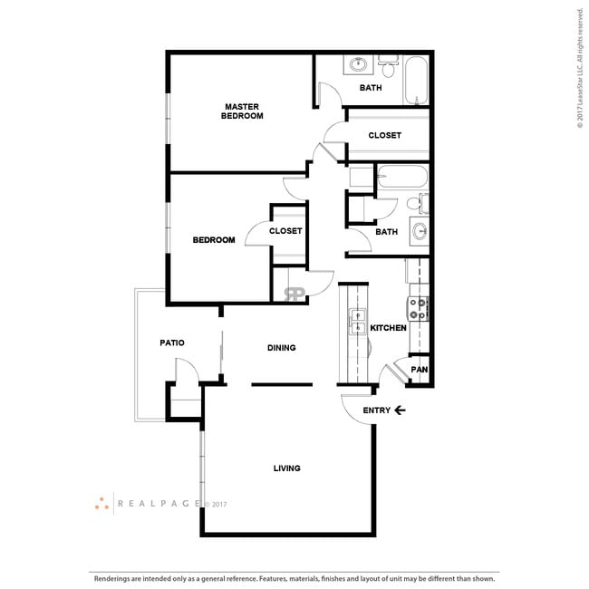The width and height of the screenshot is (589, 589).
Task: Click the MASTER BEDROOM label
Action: point(242,111)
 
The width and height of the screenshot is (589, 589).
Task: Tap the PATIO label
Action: point(172,343)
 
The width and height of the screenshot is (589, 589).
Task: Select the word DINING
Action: point(281,348)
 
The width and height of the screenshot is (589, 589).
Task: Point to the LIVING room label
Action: point(287,468)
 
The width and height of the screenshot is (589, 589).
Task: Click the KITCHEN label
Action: point(388,328)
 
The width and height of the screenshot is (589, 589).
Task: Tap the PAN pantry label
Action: point(419,370)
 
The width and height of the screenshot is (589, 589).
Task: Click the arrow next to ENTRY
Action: point(400,410)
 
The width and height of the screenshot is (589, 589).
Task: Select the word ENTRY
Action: point(376,410)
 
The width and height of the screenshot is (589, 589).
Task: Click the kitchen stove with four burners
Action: point(419,309)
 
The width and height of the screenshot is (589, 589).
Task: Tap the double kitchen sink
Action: point(354,323)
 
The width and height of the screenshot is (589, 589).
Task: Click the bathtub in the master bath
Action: point(416,80)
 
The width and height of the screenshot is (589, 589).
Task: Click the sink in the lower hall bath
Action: point(420,231)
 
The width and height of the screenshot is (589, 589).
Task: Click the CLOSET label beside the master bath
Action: point(384,136)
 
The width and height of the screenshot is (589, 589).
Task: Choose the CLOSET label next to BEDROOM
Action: point(285,231)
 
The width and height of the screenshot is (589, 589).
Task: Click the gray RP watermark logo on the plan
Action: point(294,294)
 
